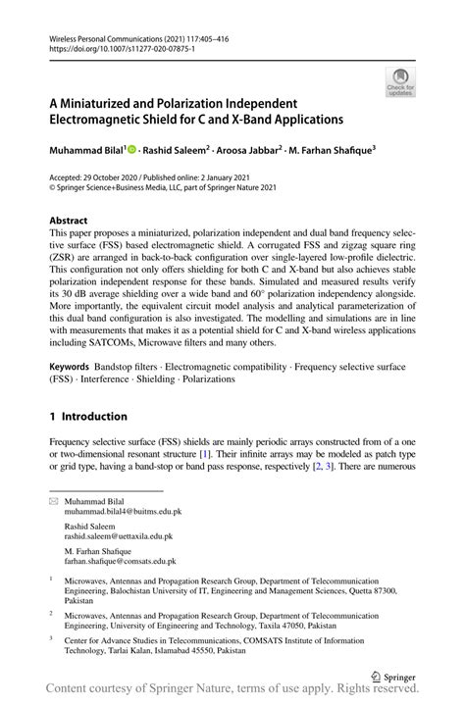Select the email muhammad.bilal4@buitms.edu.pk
point(123,512)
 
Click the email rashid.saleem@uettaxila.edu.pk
point(119,537)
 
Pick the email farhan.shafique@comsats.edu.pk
point(121,562)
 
